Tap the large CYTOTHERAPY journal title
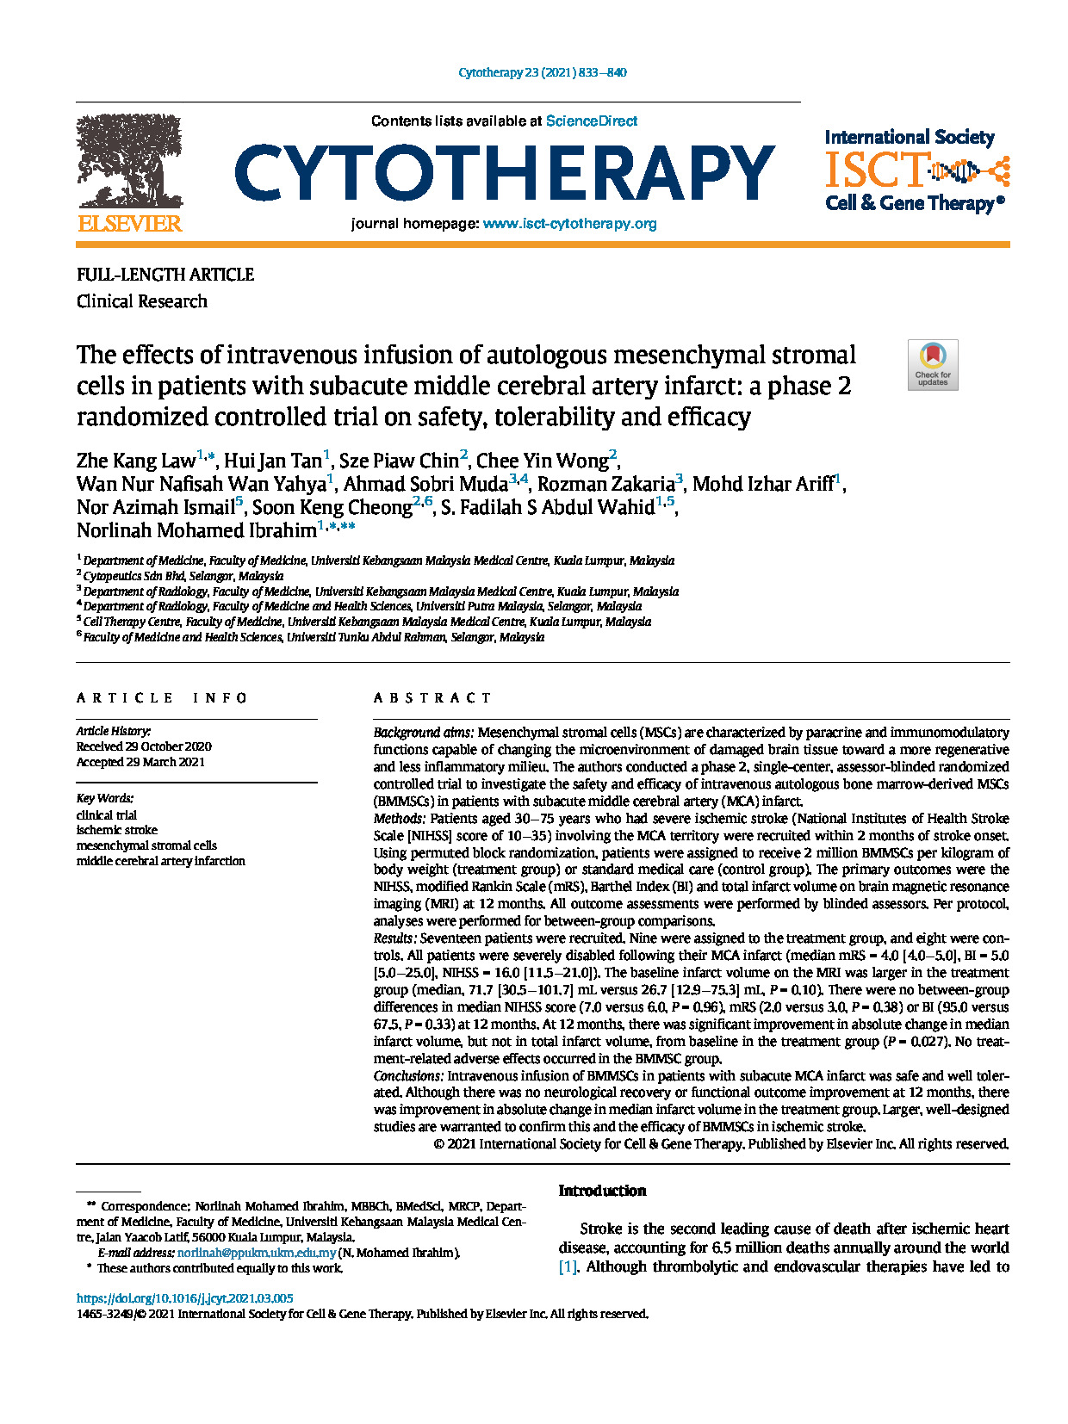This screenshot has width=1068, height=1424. point(505,171)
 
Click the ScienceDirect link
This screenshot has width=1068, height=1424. point(592,121)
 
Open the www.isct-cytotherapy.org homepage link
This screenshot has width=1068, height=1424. point(569,224)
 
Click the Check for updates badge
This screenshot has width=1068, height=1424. point(933,365)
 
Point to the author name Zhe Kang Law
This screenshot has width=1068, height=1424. point(136,461)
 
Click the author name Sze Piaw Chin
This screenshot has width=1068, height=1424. point(399,461)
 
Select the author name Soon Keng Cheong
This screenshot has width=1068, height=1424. point(332,507)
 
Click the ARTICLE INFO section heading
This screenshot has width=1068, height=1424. point(162,698)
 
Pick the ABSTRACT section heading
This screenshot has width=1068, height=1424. point(432,698)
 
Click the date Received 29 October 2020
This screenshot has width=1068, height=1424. point(144,746)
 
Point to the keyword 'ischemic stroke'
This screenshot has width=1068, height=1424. point(117,830)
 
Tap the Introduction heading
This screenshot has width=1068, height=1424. point(602,1191)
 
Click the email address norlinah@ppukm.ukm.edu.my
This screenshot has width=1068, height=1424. point(256,1253)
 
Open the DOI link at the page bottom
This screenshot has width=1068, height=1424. point(184,1298)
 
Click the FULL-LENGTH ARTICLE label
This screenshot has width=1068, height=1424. point(165,275)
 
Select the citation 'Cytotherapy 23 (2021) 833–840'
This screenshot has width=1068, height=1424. point(543,72)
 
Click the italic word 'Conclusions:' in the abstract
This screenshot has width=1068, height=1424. point(408,1076)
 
